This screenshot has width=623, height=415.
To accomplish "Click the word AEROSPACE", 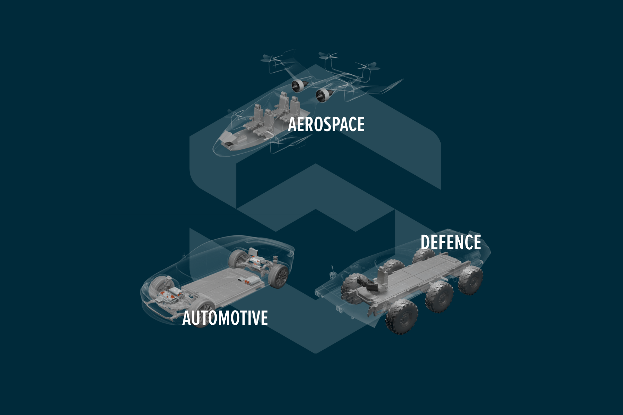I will [326, 124].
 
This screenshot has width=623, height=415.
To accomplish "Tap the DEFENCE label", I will [451, 242].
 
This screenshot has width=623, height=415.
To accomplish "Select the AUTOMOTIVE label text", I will [225, 318].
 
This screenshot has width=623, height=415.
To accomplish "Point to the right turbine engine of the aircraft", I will [323, 95].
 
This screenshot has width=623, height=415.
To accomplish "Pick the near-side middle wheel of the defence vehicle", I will [439, 297].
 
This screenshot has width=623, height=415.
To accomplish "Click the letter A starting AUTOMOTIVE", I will [187, 318].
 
